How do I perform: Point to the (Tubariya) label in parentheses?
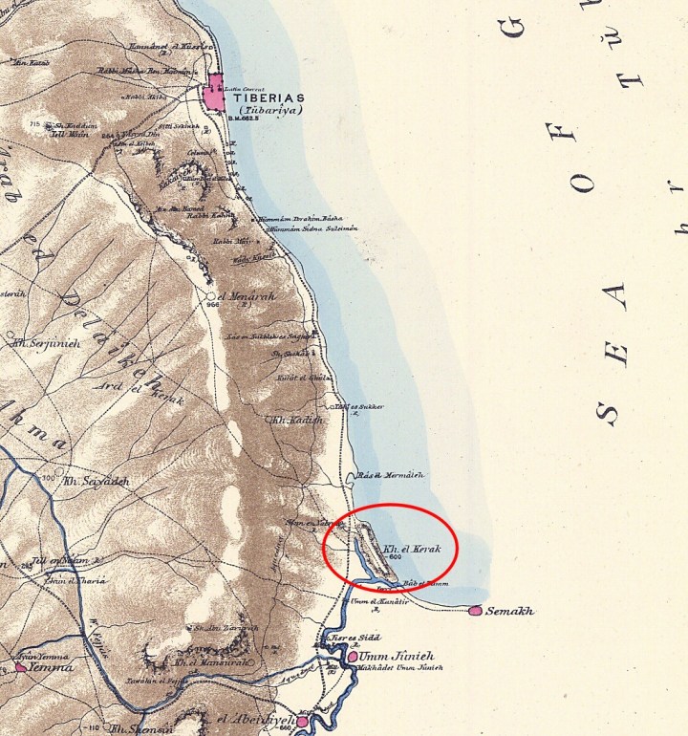click(266, 111)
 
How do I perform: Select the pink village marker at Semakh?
click(477, 610)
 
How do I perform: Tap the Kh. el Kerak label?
click(406, 551)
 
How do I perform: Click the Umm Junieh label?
click(393, 657)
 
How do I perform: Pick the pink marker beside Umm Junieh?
click(353, 657)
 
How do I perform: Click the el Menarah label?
click(247, 296)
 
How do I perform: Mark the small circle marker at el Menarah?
click(212, 297)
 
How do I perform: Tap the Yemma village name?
click(51, 667)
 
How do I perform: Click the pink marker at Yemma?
click(21, 667)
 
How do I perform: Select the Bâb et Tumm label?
click(426, 583)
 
